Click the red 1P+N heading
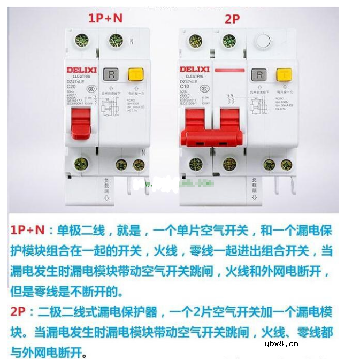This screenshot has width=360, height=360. [x=105, y=18]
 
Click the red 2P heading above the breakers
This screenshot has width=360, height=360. [x=232, y=19]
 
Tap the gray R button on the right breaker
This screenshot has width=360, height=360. [x=259, y=75]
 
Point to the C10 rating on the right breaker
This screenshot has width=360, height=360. [x=185, y=86]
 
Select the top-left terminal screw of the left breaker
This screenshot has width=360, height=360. [x=82, y=40]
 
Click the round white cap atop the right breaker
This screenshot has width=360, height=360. [x=262, y=41]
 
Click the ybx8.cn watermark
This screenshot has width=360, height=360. [x=281, y=343]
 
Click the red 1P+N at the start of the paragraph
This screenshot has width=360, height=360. [x=27, y=231]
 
